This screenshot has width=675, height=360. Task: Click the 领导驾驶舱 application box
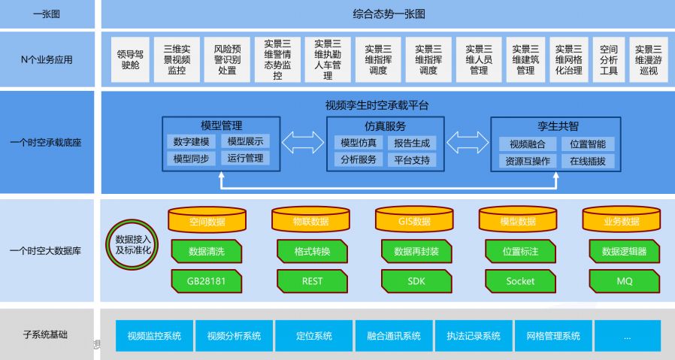[130, 59]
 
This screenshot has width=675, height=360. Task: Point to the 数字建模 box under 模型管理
[191, 141]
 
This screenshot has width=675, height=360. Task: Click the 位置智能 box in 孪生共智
[587, 144]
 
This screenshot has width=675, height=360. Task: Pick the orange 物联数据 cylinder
[310, 220]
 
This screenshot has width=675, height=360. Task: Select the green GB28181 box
[207, 281]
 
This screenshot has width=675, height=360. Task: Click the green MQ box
[623, 281]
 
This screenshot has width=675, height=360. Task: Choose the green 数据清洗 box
[207, 251]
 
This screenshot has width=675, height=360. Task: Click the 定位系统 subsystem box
[314, 336]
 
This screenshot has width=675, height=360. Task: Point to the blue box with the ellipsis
[626, 336]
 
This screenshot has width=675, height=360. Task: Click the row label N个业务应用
[47, 59]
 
